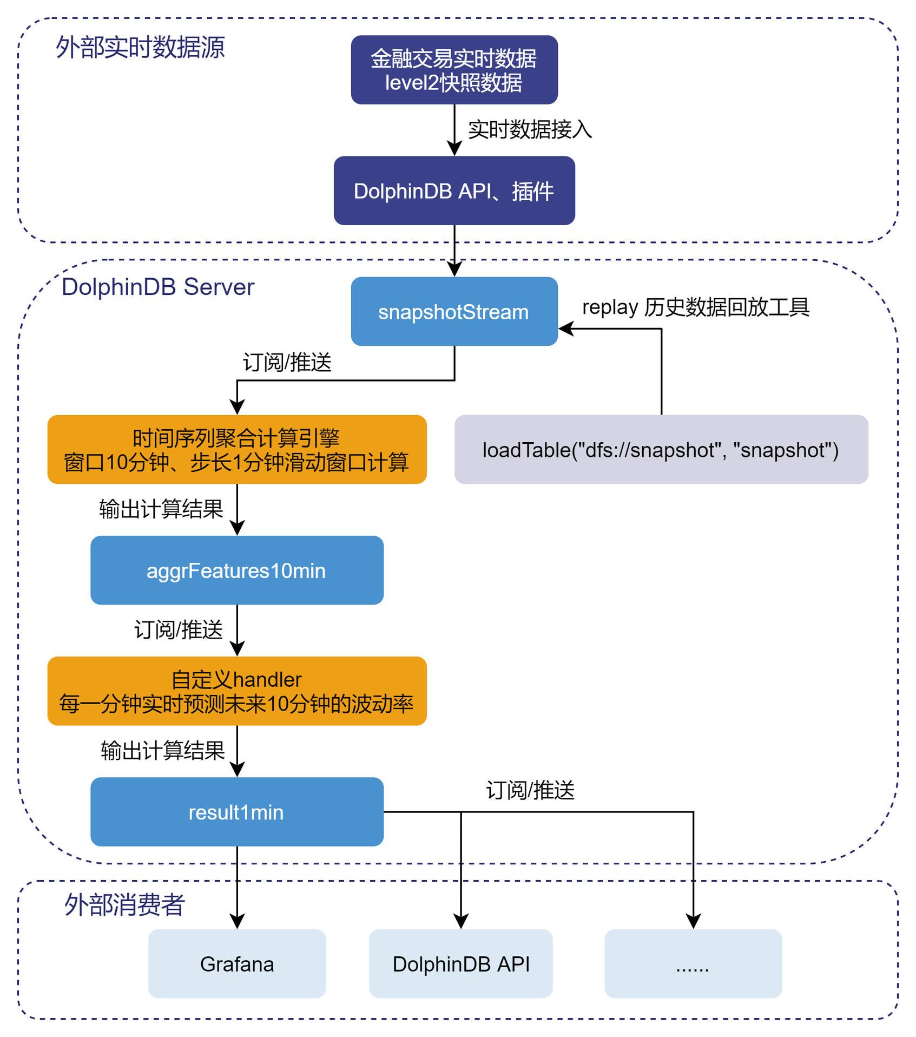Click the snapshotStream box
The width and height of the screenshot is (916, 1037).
tap(454, 311)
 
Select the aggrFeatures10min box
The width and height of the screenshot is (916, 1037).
tap(237, 570)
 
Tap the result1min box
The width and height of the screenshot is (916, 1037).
tap(237, 811)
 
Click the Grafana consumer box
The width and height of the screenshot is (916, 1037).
tap(237, 963)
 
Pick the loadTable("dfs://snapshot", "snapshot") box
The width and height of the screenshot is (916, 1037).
tap(661, 449)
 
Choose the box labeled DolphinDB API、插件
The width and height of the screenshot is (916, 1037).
tap(454, 191)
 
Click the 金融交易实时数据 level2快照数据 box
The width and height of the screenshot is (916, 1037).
tap(454, 70)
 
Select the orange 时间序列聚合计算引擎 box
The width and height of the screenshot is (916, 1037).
tap(237, 449)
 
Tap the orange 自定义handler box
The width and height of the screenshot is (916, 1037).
tap(237, 691)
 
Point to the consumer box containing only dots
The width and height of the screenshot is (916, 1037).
tap(693, 963)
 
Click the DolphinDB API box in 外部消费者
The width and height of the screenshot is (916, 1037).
tap(460, 963)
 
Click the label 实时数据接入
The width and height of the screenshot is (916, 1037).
tap(530, 129)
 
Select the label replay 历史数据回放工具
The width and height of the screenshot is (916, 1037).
tap(696, 307)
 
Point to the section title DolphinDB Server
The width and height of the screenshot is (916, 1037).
tap(157, 287)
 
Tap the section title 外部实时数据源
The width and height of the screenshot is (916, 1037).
tap(140, 47)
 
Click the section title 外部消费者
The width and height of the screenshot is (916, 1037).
tap(124, 904)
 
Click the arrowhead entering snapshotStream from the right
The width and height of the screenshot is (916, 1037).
tap(565, 329)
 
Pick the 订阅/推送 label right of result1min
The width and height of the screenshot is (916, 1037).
tap(530, 790)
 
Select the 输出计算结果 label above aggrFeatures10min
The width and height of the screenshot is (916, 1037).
tap(161, 509)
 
